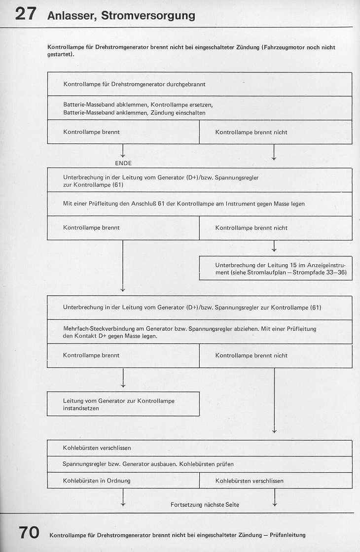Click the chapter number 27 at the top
[x=25, y=14]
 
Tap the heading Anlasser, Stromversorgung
[x=121, y=16]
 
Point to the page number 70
[x=29, y=533]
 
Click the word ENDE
[x=123, y=163]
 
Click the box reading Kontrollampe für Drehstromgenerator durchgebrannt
[x=199, y=84]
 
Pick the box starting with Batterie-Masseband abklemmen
[x=199, y=108]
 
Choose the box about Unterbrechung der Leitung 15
[x=276, y=269]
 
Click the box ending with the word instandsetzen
[x=123, y=404]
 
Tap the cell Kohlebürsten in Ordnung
[x=123, y=481]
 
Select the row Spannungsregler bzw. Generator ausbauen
[x=199, y=464]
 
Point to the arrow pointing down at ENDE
[x=123, y=151]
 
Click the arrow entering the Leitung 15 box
[x=274, y=246]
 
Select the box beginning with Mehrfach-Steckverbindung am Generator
[x=199, y=332]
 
